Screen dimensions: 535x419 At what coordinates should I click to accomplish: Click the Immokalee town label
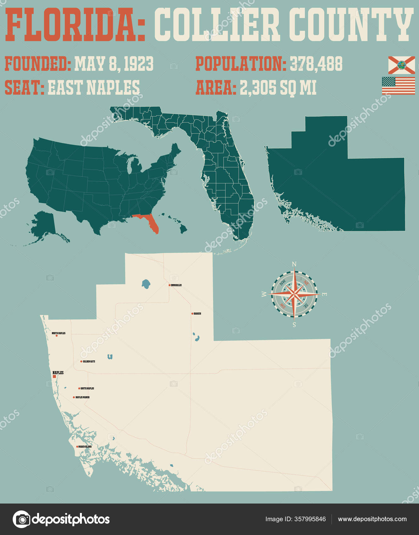pyautogui.click(x=176, y=285)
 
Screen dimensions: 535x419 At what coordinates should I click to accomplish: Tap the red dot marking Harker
pyautogui.click(x=192, y=314)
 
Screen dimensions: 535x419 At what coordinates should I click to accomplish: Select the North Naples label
pyautogui.click(x=59, y=333)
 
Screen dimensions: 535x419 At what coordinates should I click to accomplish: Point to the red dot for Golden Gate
pyautogui.click(x=81, y=362)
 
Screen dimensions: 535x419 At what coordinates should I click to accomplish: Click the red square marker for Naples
pyautogui.click(x=54, y=376)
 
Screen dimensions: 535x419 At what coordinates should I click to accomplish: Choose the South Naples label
pyautogui.click(x=87, y=388)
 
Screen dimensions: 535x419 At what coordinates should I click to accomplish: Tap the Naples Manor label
pyautogui.click(x=82, y=397)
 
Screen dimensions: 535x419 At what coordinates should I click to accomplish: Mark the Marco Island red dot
pyautogui.click(x=77, y=447)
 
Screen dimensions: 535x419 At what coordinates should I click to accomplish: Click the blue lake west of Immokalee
pyautogui.click(x=146, y=284)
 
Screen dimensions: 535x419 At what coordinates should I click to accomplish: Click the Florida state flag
pyautogui.click(x=401, y=65)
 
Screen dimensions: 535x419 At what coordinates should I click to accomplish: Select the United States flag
pyautogui.click(x=399, y=86)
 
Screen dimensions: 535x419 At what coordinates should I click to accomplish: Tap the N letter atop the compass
pyautogui.click(x=294, y=264)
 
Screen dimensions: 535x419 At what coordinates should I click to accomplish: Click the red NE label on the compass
pyautogui.click(x=306, y=283)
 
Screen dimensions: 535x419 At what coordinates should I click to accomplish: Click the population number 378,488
pyautogui.click(x=316, y=64)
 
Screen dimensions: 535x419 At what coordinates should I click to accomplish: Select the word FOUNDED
pyautogui.click(x=38, y=64)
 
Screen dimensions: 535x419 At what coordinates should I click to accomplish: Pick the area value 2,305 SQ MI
pyautogui.click(x=278, y=87)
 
